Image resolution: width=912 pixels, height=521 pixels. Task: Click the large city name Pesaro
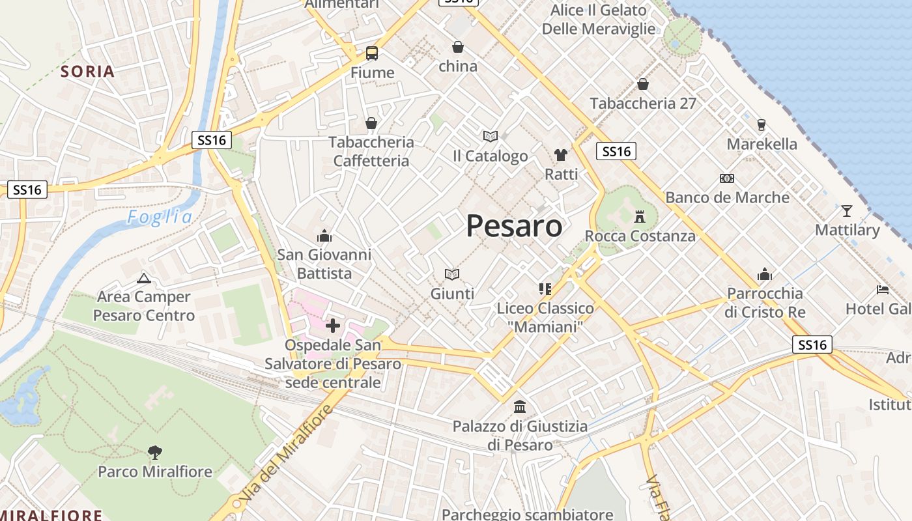click(514, 226)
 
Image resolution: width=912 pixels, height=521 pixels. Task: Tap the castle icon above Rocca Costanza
click(640, 216)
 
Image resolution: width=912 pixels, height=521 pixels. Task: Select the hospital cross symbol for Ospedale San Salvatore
click(333, 325)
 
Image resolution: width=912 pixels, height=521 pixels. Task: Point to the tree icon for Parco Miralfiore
click(155, 452)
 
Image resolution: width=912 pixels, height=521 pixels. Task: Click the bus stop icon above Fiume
click(372, 53)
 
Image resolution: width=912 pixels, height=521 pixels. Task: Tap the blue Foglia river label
click(160, 217)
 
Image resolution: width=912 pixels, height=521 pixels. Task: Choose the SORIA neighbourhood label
click(88, 71)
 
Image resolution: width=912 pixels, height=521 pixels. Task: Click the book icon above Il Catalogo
click(491, 136)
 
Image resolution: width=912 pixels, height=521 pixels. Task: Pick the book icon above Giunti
click(452, 274)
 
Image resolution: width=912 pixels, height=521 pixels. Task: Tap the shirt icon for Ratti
click(561, 155)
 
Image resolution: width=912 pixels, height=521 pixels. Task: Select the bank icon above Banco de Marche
click(727, 178)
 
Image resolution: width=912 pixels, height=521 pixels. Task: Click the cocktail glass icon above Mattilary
click(847, 210)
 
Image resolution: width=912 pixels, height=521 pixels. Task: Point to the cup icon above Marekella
click(762, 124)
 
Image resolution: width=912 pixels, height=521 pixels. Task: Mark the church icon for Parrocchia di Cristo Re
click(765, 274)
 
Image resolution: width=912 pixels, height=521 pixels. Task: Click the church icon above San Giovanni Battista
click(324, 235)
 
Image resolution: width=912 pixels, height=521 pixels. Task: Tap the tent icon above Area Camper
click(143, 279)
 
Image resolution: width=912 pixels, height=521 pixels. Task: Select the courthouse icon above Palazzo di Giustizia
click(520, 407)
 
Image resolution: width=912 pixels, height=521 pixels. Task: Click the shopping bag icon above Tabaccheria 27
click(643, 84)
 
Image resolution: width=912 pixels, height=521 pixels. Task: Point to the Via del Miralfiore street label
click(287, 453)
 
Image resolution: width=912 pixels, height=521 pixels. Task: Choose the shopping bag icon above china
click(458, 47)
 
